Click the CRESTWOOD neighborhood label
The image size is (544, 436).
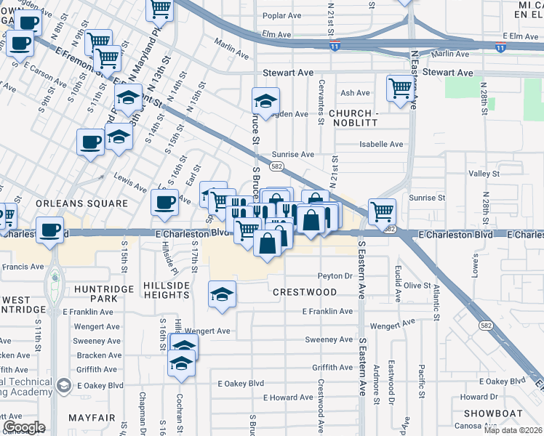coord(305,292)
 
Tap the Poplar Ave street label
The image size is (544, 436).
coord(284,15)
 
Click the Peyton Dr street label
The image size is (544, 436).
coord(335,276)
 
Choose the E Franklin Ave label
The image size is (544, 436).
coord(328,311)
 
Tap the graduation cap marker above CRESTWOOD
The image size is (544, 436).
coord(223,294)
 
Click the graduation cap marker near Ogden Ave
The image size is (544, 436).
coord(265,101)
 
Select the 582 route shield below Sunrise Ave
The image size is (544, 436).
coord(276,167)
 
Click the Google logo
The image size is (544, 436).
coord(24,427)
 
